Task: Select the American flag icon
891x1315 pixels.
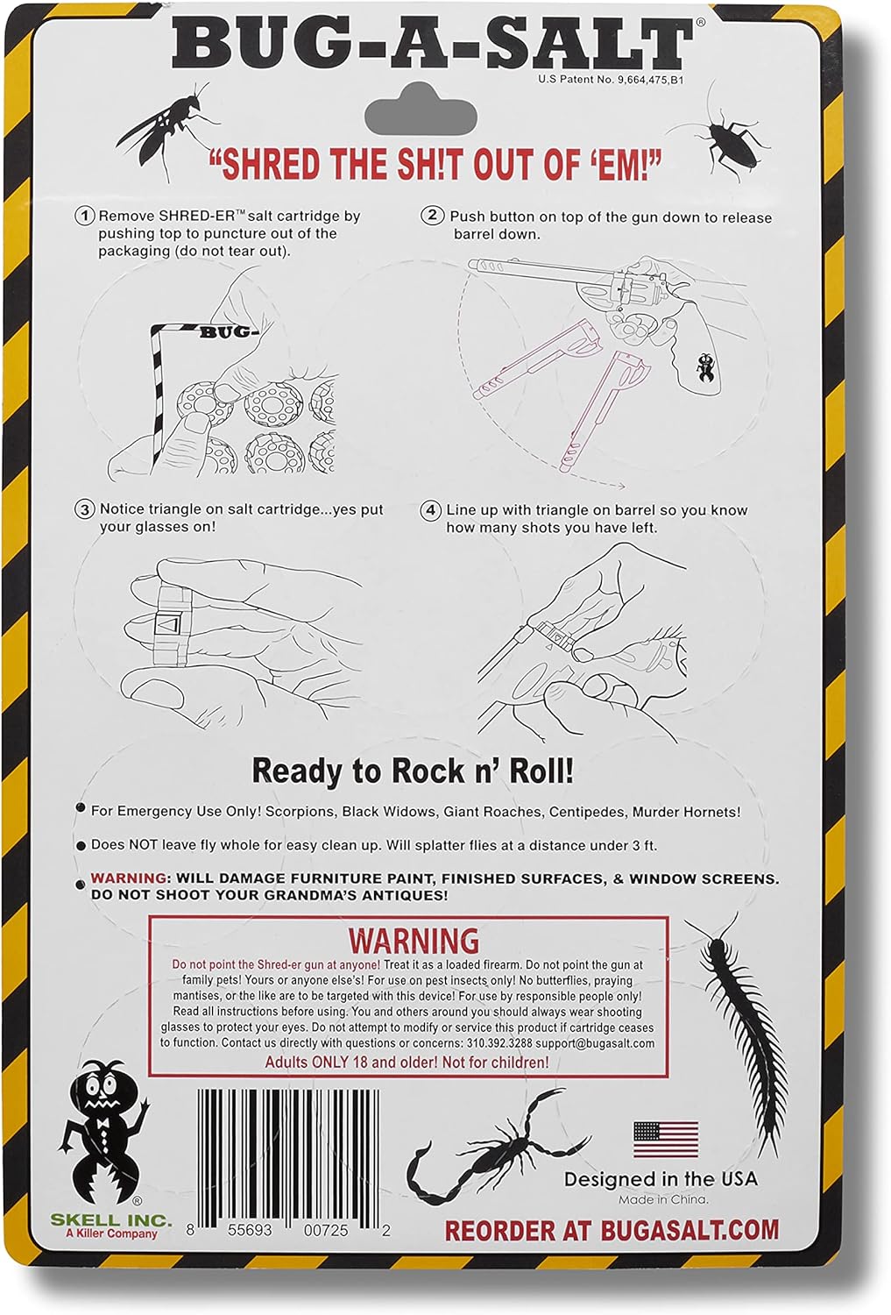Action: (x=666, y=1140)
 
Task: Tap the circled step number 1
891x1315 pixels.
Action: (x=84, y=216)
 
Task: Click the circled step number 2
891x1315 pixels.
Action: (x=432, y=216)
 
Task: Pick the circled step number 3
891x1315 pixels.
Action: (x=84, y=509)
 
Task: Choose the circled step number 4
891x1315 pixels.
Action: (x=430, y=510)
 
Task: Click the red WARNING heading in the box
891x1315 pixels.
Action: (x=414, y=941)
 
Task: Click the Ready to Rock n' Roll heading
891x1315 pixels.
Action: (x=413, y=771)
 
